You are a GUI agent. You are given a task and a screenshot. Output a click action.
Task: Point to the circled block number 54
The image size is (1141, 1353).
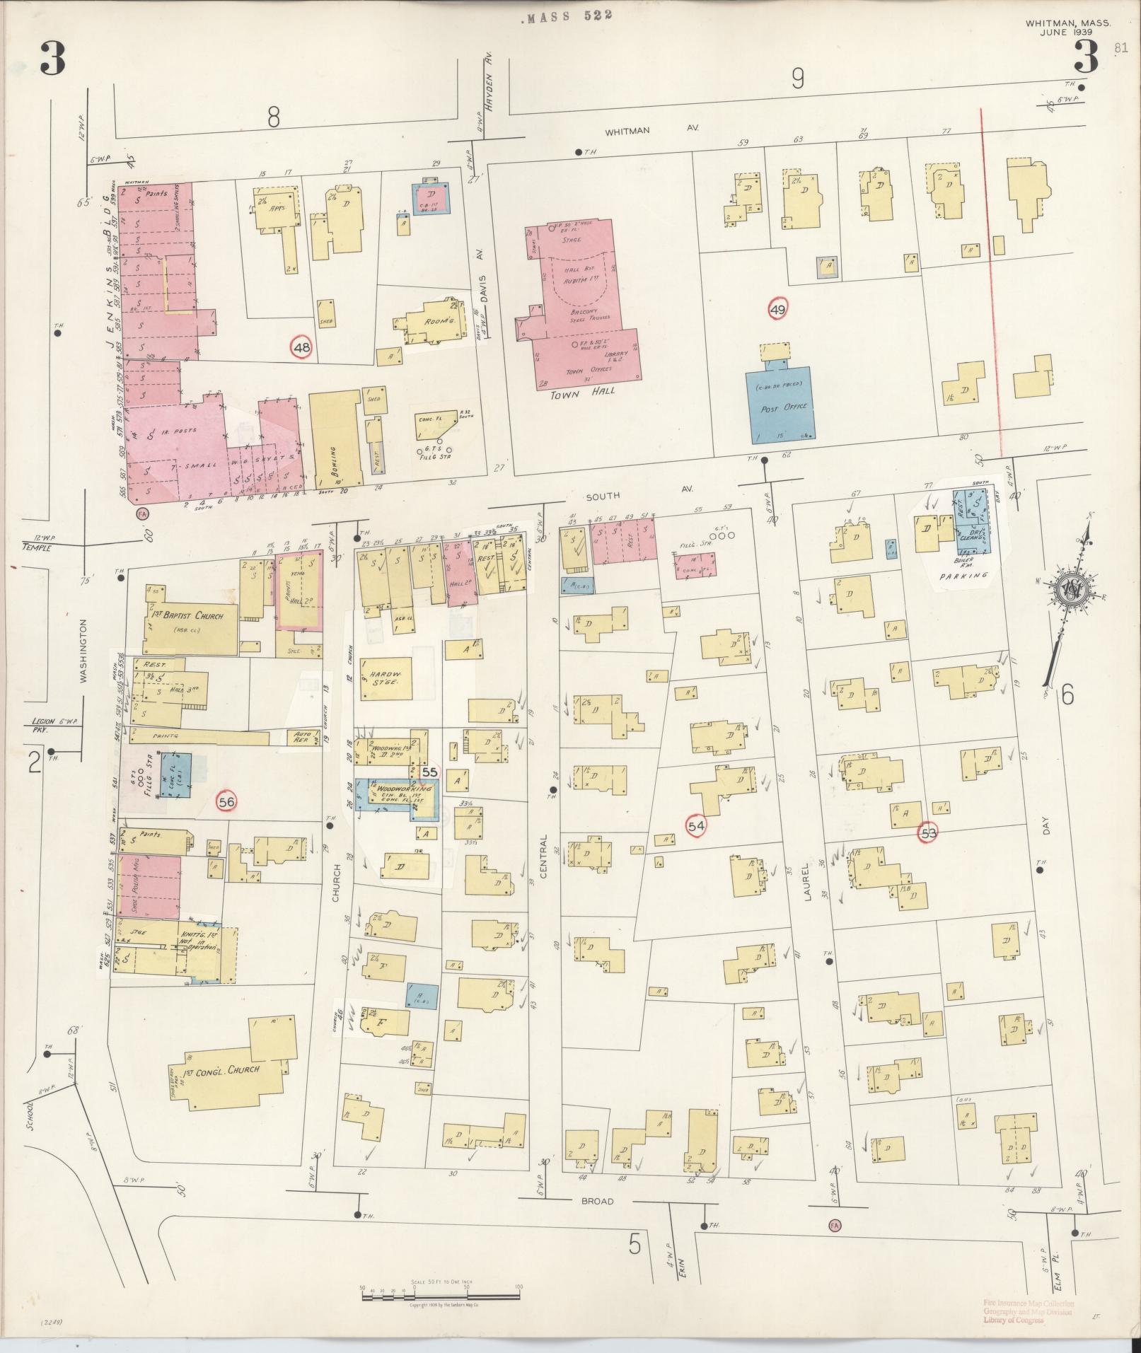[696, 825]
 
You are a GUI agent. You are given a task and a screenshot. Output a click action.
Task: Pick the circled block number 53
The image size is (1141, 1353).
[928, 833]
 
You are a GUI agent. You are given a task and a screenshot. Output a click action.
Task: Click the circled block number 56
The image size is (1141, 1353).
[226, 801]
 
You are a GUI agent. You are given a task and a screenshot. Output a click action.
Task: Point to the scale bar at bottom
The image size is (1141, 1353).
[440, 1296]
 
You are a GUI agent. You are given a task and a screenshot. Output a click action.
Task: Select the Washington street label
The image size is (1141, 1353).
[83, 651]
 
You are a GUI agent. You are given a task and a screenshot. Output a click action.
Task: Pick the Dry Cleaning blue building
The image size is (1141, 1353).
[974, 522]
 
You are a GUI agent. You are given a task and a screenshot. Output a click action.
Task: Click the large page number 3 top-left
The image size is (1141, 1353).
[52, 57]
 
